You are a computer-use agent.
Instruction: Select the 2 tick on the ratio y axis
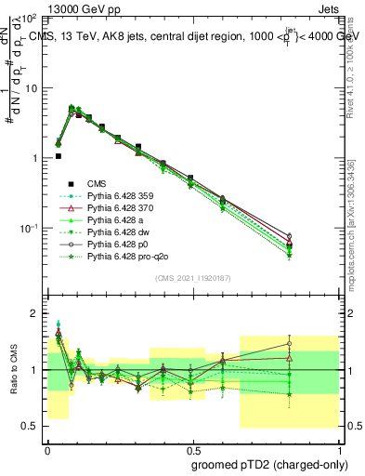tap(34, 313)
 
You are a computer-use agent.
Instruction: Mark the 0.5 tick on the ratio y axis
tap(30, 426)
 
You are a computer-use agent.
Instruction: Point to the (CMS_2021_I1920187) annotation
tap(192, 278)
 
